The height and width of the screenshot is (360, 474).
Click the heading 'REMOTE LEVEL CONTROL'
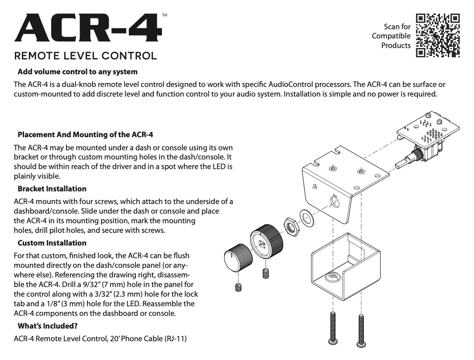tap(85, 56)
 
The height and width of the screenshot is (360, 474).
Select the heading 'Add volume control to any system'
tap(77, 72)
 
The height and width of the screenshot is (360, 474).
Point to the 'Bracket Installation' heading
tap(52, 189)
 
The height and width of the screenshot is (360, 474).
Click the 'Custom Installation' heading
tap(52, 243)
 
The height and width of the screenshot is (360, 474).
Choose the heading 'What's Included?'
tap(48, 326)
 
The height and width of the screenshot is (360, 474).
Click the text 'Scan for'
tap(397, 27)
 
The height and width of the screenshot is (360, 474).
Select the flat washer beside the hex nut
tap(307, 217)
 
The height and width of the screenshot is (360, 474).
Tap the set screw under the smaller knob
tap(238, 287)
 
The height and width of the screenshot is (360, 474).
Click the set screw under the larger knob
tap(265, 274)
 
